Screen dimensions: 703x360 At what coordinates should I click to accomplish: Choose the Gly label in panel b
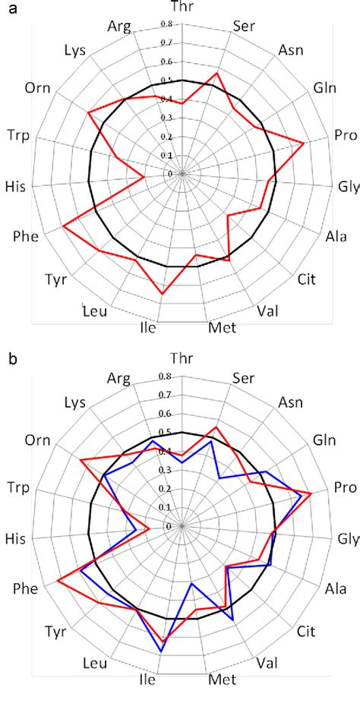pyautogui.click(x=348, y=539)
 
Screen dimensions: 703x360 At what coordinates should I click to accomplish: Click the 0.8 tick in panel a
pyautogui.click(x=166, y=24)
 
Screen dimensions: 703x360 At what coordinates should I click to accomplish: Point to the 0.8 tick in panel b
pyautogui.click(x=166, y=376)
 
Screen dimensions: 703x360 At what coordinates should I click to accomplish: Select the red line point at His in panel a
pyautogui.click(x=144, y=178)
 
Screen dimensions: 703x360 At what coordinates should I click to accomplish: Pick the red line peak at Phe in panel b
pyautogui.click(x=58, y=582)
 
